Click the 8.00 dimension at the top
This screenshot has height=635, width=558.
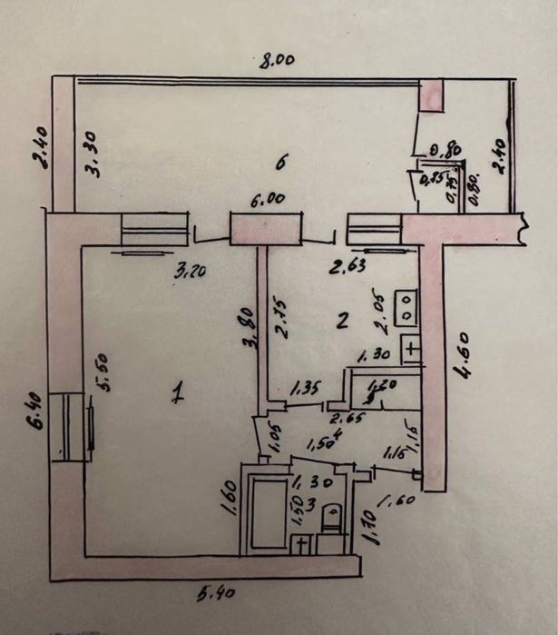[x=278, y=62]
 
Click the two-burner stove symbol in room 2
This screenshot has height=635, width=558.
[x=406, y=306]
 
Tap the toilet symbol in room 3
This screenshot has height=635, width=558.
[x=332, y=519]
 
